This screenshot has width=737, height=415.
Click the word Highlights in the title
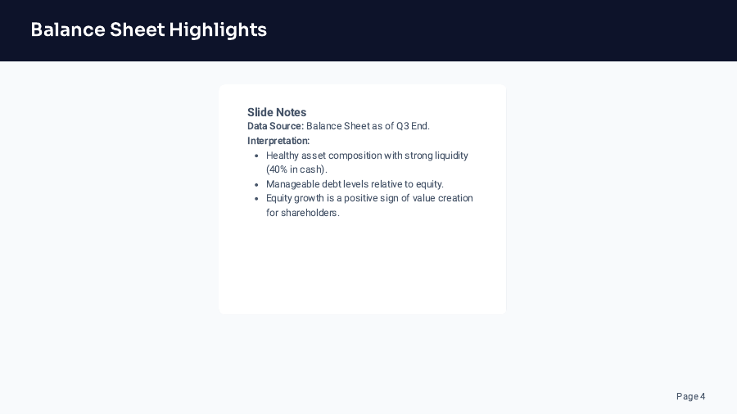pyautogui.click(x=218, y=30)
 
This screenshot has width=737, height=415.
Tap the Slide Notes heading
pyautogui.click(x=277, y=112)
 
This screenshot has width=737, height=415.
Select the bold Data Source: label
pyautogui.click(x=275, y=126)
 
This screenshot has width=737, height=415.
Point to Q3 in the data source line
pyautogui.click(x=403, y=126)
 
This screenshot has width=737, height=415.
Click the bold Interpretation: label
pyautogui.click(x=278, y=141)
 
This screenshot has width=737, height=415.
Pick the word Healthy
pyautogui.click(x=283, y=156)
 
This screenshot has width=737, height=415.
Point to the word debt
pyautogui.click(x=332, y=184)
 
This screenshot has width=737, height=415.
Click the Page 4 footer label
pyautogui.click(x=690, y=396)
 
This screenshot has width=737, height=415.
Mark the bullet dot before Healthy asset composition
pyautogui.click(x=256, y=156)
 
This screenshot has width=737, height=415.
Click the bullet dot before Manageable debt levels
pyautogui.click(x=256, y=184)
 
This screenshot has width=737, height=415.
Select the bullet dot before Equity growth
pyautogui.click(x=256, y=198)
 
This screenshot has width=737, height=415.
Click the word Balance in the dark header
pyautogui.click(x=65, y=30)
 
